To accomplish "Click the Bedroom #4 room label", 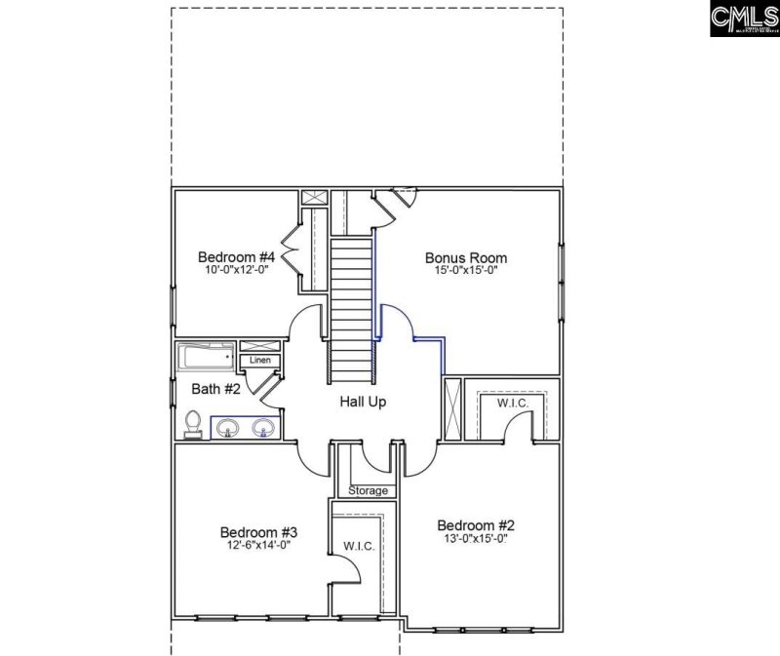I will (236, 256).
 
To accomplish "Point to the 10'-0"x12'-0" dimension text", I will (236, 270).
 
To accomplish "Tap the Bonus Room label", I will (466, 257).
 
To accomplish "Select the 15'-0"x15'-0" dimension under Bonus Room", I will (466, 271).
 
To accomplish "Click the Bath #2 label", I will (214, 390).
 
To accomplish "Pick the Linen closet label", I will (259, 361).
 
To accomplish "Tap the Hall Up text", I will (362, 402).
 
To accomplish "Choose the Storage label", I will (369, 490).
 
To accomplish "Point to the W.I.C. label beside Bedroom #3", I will (359, 546).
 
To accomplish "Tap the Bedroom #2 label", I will (475, 522).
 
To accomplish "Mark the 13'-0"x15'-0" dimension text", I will (475, 537).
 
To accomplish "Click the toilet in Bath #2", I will (193, 423).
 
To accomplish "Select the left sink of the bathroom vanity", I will (228, 428).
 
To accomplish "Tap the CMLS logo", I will (744, 19).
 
